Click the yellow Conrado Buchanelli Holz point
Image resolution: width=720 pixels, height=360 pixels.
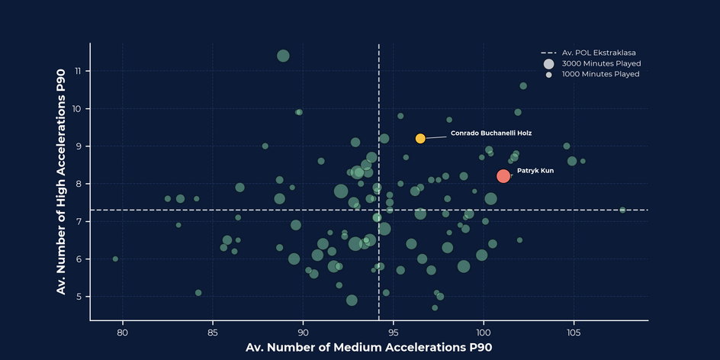pyautogui.click(x=420, y=138)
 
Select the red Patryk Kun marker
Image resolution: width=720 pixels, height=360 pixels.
pyautogui.click(x=503, y=176)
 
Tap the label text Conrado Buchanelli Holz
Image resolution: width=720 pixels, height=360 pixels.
pyautogui.click(x=490, y=133)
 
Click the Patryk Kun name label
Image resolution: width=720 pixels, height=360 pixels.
pyautogui.click(x=535, y=171)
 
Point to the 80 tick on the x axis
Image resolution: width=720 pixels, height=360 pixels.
pyautogui.click(x=122, y=333)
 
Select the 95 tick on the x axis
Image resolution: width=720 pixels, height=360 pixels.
pyautogui.click(x=393, y=333)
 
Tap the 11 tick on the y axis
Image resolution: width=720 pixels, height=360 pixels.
pyautogui.click(x=78, y=71)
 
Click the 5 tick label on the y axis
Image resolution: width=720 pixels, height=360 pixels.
pyautogui.click(x=79, y=297)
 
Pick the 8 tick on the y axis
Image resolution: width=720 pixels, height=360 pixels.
pyautogui.click(x=79, y=184)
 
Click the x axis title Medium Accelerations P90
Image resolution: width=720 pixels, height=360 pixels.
pyautogui.click(x=368, y=348)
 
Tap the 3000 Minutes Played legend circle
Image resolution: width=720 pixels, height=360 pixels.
pyautogui.click(x=548, y=63)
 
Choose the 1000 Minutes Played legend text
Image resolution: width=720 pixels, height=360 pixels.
pyautogui.click(x=600, y=74)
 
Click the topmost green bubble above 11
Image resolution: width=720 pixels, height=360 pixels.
pyautogui.click(x=283, y=56)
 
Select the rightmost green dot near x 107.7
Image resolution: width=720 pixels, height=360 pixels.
pyautogui.click(x=622, y=210)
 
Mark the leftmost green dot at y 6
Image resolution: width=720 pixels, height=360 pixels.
pyautogui.click(x=115, y=259)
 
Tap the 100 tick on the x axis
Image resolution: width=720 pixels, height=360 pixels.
pyautogui.click(x=484, y=333)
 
